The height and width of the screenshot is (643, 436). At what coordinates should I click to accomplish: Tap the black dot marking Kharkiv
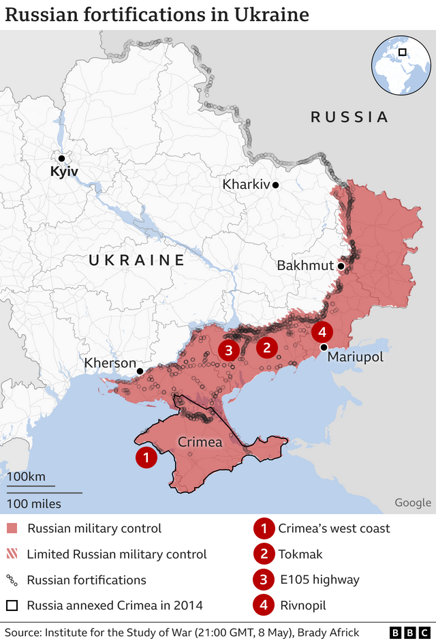276,185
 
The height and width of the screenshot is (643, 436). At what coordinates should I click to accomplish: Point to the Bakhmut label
305,265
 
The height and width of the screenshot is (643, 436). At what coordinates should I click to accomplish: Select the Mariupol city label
355,357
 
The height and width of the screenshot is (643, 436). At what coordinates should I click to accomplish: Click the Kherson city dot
140,372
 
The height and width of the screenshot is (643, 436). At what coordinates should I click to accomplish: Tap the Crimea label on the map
200,443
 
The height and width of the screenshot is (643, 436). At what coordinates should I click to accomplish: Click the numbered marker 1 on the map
146,458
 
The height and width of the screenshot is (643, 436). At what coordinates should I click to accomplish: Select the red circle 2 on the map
266,348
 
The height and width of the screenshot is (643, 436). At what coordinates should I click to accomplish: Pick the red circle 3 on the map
228,350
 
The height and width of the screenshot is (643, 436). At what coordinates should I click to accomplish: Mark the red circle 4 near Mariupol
322,332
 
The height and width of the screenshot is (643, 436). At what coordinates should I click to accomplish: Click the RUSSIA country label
349,117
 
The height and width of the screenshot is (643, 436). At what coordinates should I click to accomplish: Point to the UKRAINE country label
137,260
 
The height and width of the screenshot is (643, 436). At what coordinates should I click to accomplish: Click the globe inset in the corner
401,66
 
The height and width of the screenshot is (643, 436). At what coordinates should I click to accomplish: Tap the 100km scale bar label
27,476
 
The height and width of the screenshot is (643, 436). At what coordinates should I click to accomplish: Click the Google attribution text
412,503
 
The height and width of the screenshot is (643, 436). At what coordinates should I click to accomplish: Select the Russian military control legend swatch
12,528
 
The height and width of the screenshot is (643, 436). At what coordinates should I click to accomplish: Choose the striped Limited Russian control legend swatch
12,554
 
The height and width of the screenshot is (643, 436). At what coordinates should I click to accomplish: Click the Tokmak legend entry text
300,554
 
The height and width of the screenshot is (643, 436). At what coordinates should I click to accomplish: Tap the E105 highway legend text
318,580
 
